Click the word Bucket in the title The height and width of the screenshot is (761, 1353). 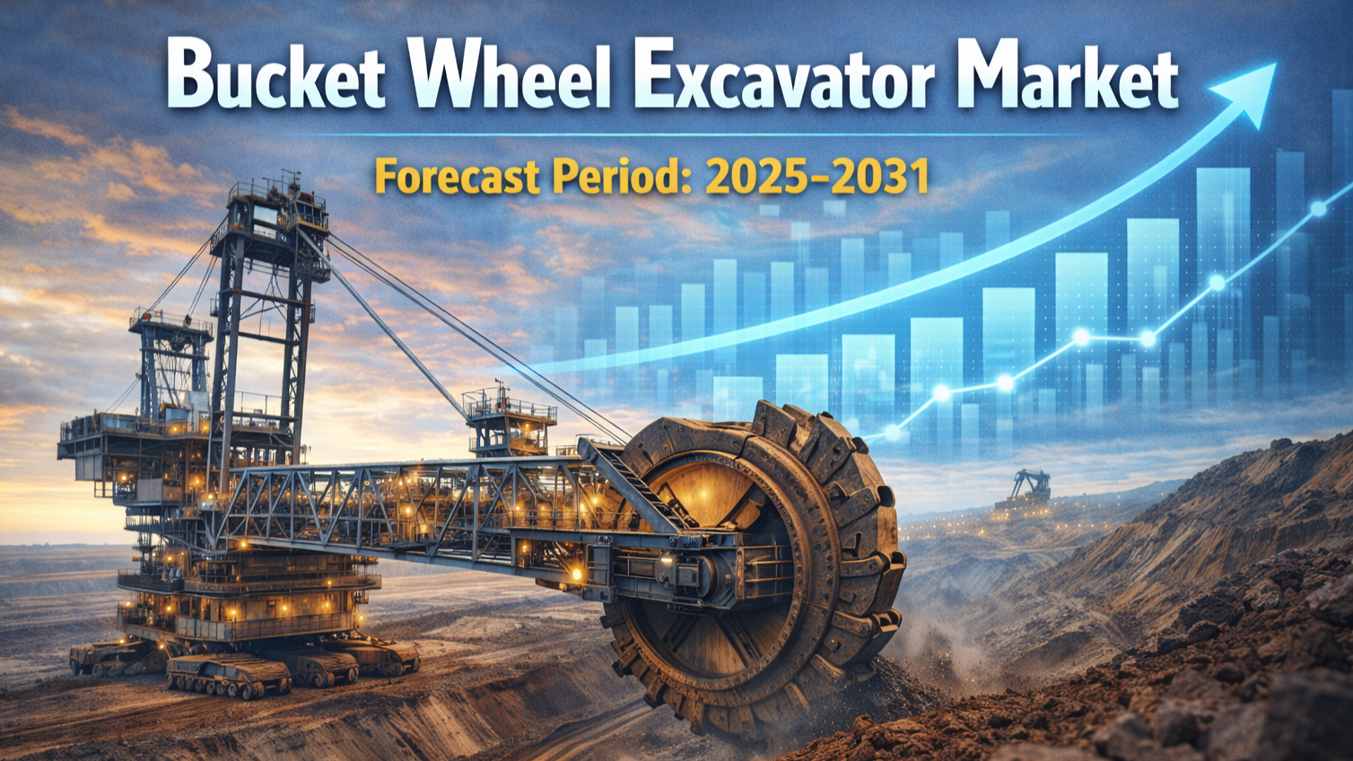coord(275,74)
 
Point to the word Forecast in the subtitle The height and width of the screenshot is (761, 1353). coord(457,177)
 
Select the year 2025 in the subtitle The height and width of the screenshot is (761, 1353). coord(759,177)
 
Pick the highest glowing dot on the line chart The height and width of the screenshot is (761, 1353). coord(1319,209)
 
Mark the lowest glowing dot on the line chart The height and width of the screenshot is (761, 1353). coord(892,433)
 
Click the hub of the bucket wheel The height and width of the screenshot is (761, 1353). coord(712,568)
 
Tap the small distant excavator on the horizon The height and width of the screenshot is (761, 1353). coord(1026,490)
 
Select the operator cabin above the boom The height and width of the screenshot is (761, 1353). coord(511,423)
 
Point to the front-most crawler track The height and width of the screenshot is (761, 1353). coord(228,675)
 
